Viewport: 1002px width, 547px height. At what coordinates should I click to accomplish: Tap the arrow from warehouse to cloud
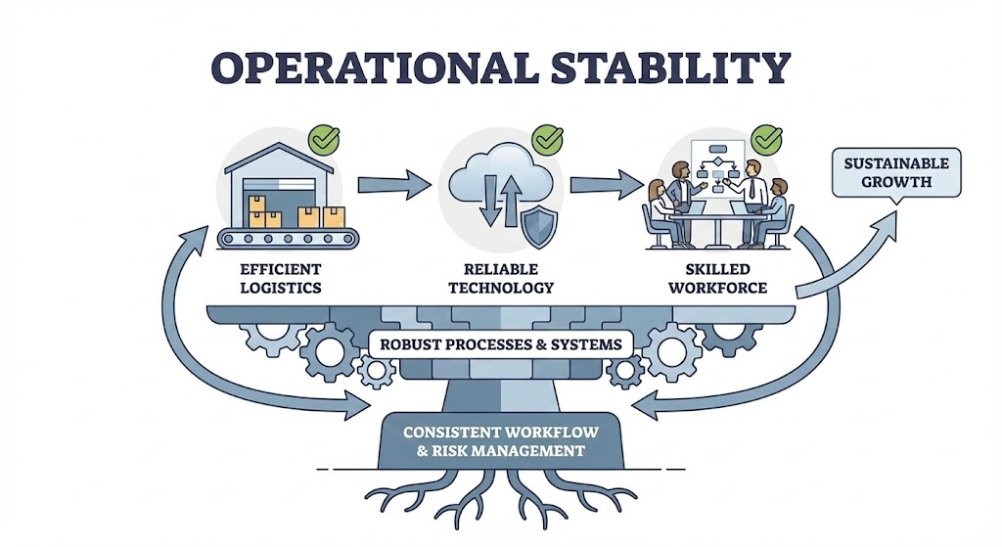(x=393, y=183)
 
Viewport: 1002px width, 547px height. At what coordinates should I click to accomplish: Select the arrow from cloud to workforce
(x=608, y=183)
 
